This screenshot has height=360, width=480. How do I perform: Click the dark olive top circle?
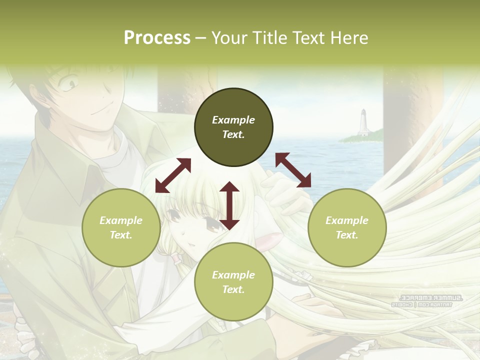(x=233, y=127)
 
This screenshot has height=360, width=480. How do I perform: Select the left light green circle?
(x=121, y=228)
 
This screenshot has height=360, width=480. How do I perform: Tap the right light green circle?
(x=347, y=228)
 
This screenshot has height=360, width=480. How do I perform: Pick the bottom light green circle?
(x=233, y=282)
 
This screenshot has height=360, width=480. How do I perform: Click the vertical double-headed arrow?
(x=229, y=205)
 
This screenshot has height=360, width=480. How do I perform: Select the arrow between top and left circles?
(x=173, y=175)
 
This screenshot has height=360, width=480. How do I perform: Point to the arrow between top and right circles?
(x=293, y=170)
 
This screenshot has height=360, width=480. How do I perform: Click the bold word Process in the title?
(x=157, y=38)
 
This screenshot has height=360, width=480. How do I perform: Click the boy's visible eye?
(x=70, y=83)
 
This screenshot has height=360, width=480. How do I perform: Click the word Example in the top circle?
(x=233, y=120)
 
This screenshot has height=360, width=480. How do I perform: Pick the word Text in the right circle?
(x=347, y=235)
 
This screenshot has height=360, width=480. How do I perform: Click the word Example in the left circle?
(x=121, y=220)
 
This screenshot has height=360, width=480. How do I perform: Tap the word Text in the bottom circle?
(x=233, y=289)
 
